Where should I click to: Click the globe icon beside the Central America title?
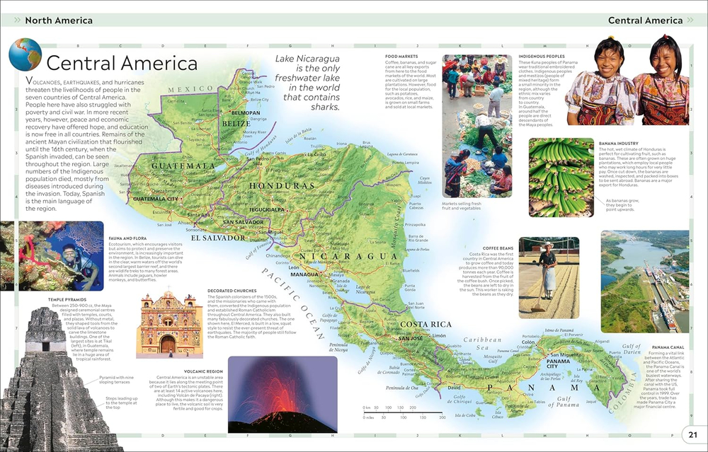(25, 55)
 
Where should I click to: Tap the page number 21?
(692, 434)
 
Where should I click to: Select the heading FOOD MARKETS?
(402, 56)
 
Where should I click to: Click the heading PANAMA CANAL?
(668, 347)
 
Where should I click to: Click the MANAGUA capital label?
(304, 273)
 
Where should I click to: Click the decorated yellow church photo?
(169, 325)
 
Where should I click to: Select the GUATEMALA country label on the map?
(182, 166)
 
